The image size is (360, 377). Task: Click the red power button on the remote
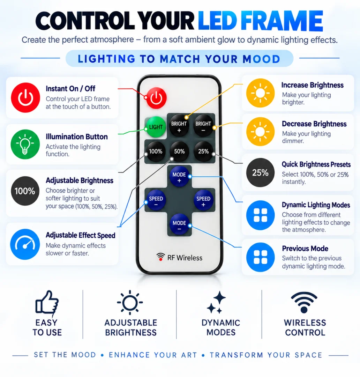tap(156, 98)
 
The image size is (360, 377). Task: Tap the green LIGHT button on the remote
tap(156, 127)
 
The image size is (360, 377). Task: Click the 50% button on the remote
tap(179, 151)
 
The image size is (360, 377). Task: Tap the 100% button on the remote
tap(156, 151)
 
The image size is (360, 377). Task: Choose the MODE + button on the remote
tap(179, 177)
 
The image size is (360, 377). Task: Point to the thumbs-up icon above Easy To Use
tap(47, 303)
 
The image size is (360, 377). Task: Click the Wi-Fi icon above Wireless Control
tap(304, 302)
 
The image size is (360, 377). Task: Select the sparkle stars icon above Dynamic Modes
tap(216, 302)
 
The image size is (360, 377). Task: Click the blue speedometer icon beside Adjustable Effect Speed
tap(25, 244)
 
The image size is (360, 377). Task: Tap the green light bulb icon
tap(25, 144)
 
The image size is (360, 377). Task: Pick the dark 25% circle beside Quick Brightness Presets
tap(260, 172)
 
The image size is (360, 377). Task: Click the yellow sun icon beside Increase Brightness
tap(260, 93)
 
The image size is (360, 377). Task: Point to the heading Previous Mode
tap(305, 249)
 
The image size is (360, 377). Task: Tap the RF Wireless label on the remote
tap(179, 258)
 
